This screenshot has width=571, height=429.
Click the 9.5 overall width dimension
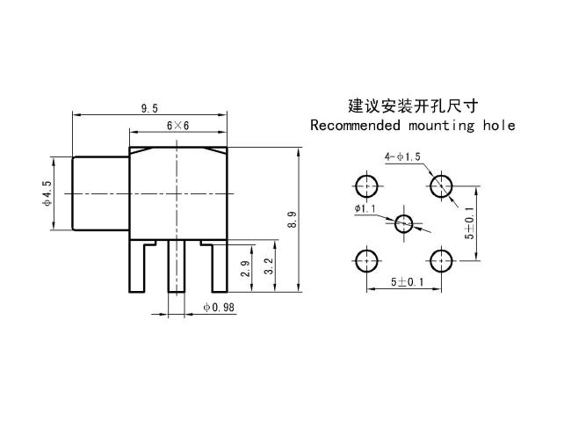tap(149, 108)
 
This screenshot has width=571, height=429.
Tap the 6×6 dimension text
tap(178, 126)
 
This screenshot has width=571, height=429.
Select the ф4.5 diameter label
tap(47, 193)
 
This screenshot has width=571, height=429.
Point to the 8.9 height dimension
tap(292, 220)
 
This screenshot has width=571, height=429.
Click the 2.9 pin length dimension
tap(246, 269)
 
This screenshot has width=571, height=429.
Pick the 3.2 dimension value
tap(268, 266)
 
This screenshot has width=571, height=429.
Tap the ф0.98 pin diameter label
tap(219, 308)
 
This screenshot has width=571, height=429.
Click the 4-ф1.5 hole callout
tap(402, 156)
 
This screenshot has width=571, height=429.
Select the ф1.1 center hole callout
tap(365, 208)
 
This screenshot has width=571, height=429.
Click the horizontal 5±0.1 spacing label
tap(408, 281)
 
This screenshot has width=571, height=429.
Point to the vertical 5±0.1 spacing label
tap(470, 223)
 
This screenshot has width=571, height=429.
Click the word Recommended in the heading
tap(356, 126)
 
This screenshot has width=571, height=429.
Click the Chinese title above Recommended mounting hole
tap(413, 106)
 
